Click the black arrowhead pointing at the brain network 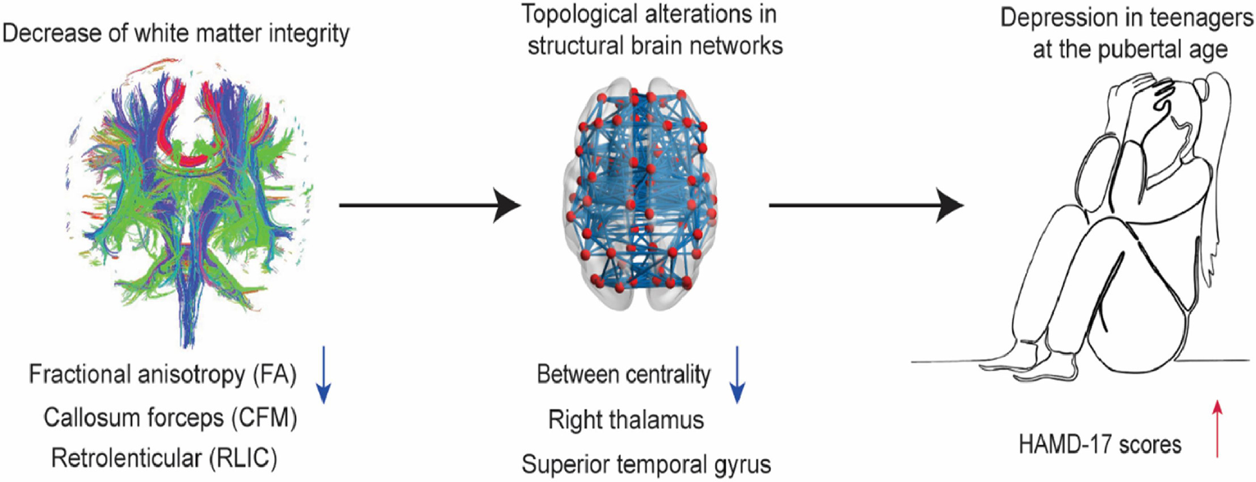[x=507, y=205]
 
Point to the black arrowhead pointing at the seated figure [x=950, y=205]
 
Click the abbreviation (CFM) [x=264, y=418]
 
